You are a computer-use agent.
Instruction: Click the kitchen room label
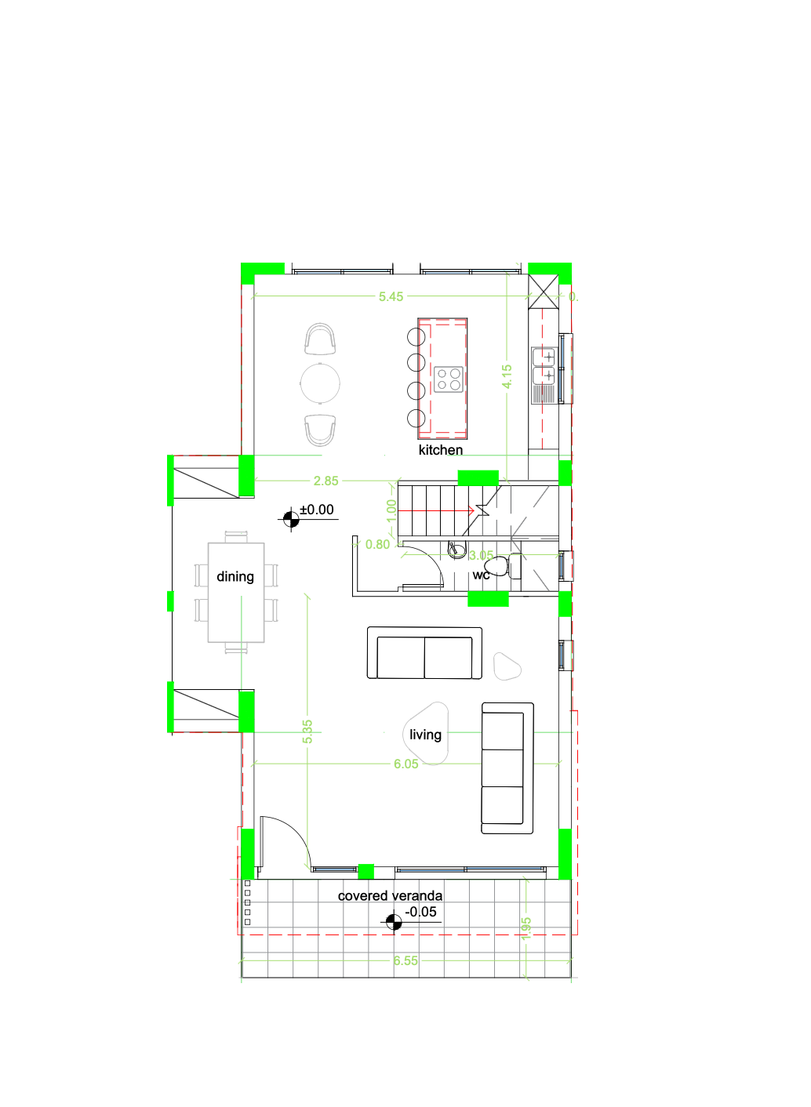[440, 450]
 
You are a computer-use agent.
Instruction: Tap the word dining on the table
[235, 577]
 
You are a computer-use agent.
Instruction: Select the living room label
[425, 735]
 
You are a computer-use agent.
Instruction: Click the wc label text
[481, 575]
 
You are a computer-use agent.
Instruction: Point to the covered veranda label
[390, 895]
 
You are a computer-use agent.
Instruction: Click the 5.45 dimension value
[391, 296]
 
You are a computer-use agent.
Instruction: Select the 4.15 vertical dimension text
[507, 376]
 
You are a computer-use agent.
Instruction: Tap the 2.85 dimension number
[325, 481]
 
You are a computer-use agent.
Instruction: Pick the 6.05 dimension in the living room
[405, 764]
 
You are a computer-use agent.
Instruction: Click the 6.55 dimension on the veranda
[405, 960]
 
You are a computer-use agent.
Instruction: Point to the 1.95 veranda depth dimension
[526, 928]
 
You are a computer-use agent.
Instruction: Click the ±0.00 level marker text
[317, 510]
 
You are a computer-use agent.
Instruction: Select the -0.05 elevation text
[421, 912]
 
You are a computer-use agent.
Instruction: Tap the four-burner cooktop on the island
[449, 379]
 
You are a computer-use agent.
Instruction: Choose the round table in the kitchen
[320, 383]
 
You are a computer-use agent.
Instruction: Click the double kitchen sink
[544, 366]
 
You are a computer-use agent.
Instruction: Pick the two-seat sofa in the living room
[424, 655]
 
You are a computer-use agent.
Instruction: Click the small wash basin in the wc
[456, 550]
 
